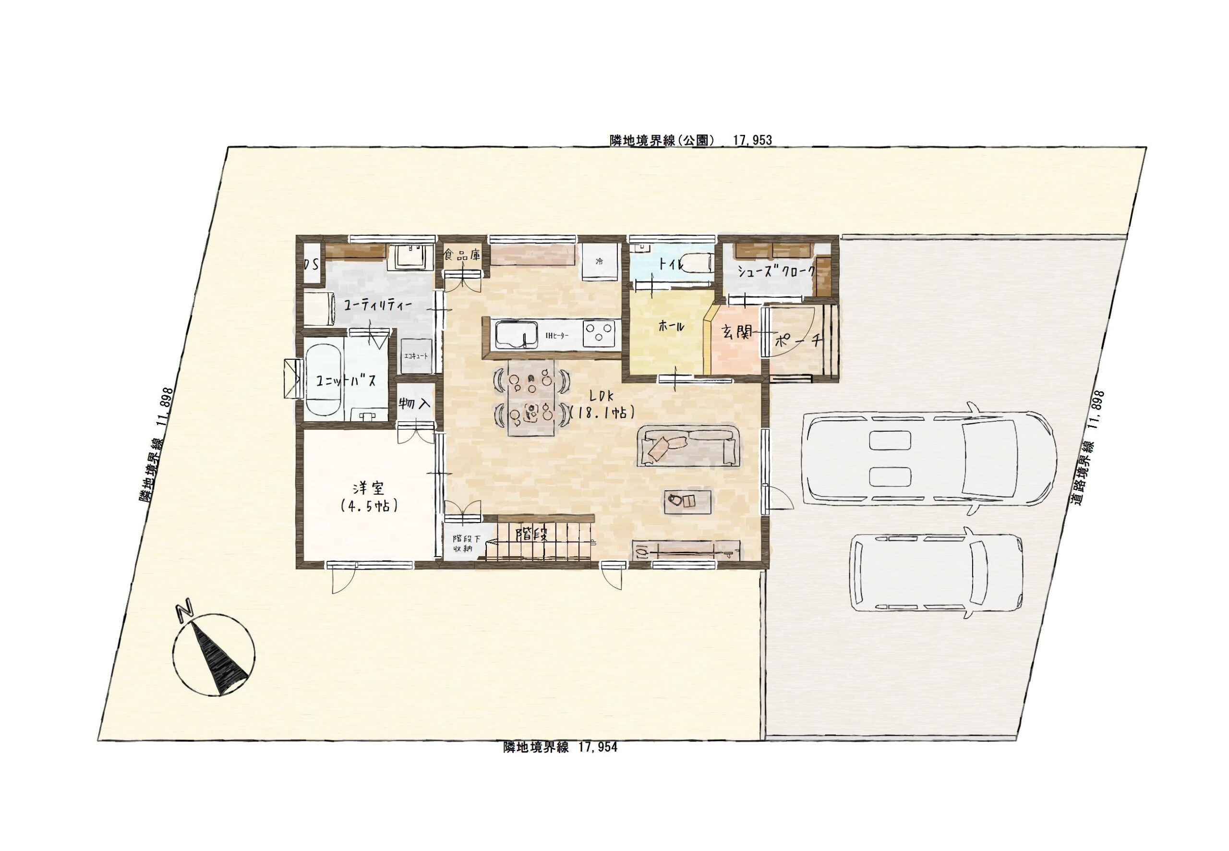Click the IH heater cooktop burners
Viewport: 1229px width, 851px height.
pos(600,334)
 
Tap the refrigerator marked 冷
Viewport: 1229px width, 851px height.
pos(600,262)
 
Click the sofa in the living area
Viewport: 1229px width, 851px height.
pos(690,446)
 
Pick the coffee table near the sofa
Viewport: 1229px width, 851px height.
pos(688,501)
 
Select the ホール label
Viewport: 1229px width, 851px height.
pos(671,327)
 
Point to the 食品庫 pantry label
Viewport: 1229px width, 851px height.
pos(462,255)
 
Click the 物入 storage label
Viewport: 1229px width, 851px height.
pos(415,403)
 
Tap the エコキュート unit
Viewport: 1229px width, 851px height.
pos(416,356)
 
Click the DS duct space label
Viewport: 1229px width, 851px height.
pos(311,264)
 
